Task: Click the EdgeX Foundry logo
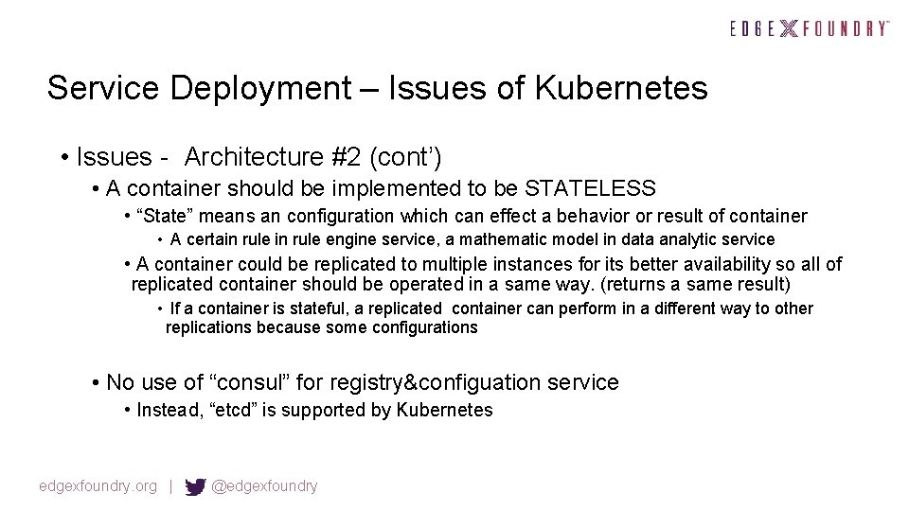coord(810,28)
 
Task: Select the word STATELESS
coord(590,188)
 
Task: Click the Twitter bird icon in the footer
coord(195,486)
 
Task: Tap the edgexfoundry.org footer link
coord(98,486)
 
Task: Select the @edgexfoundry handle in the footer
coord(264,486)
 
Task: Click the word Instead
coord(168,410)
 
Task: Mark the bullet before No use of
coord(97,382)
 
